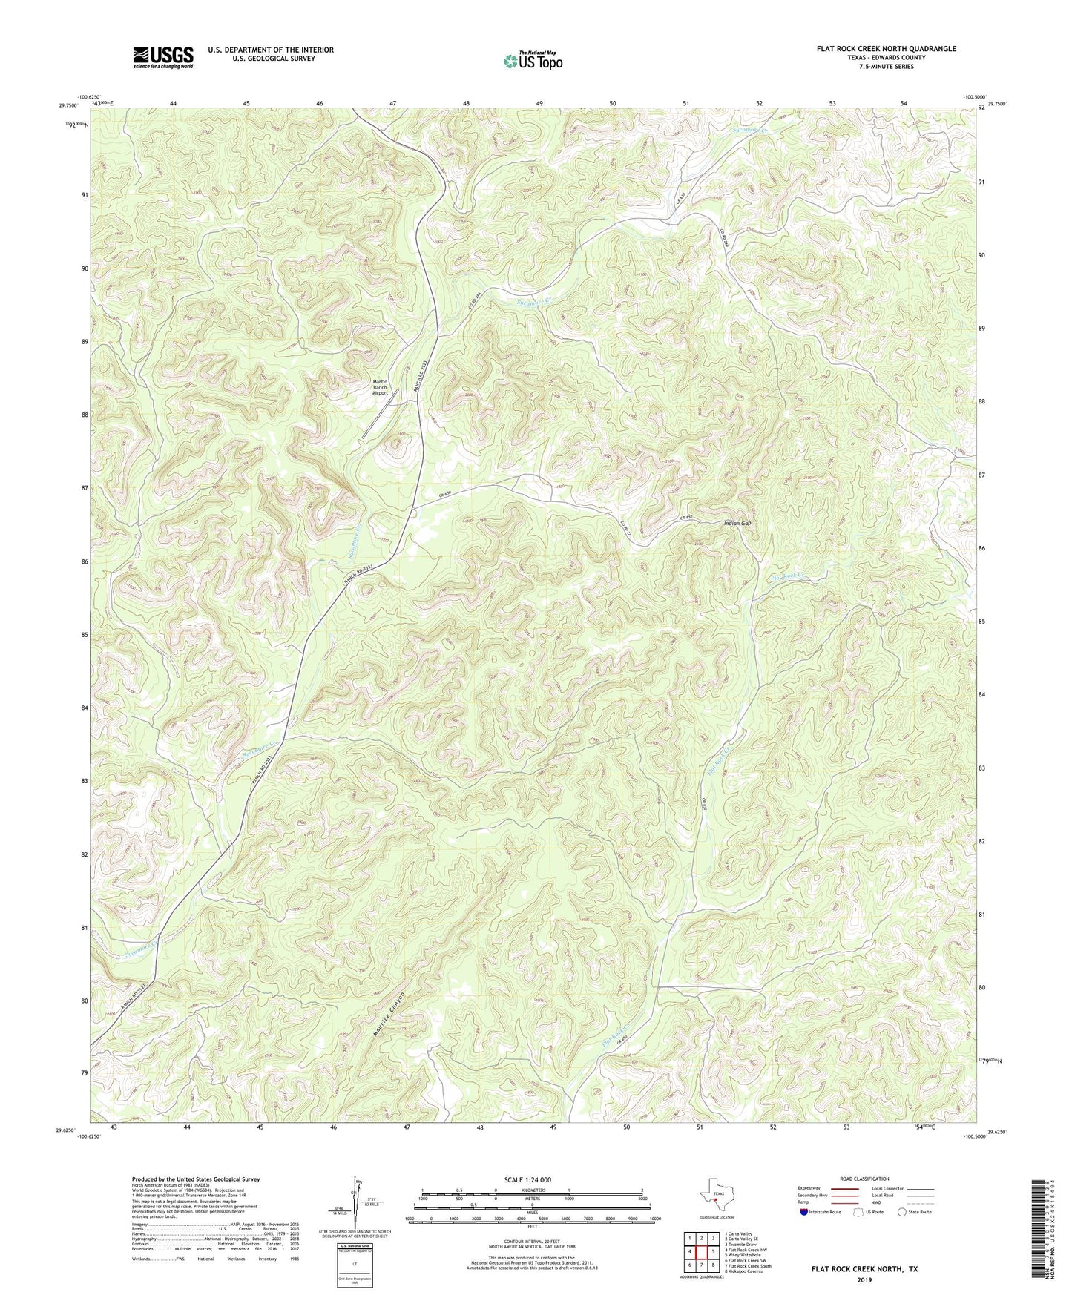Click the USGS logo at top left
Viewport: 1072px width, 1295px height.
162,56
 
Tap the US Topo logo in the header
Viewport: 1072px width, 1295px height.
532,61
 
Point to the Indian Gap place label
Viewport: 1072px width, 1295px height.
737,524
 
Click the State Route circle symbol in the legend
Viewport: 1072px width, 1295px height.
901,1212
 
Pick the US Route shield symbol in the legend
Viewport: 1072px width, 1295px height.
859,1212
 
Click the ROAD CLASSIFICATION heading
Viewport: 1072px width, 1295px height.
864,1179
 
